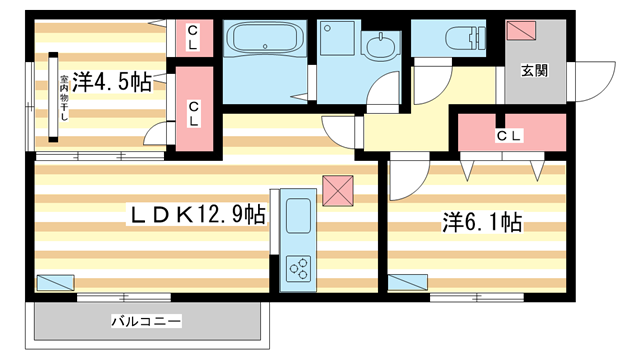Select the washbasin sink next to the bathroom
click(381, 47)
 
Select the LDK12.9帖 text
click(196, 215)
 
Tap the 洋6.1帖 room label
click(469, 221)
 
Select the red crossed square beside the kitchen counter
click(339, 189)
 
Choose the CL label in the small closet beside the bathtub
click(193, 39)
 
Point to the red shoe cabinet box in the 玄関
click(522, 30)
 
